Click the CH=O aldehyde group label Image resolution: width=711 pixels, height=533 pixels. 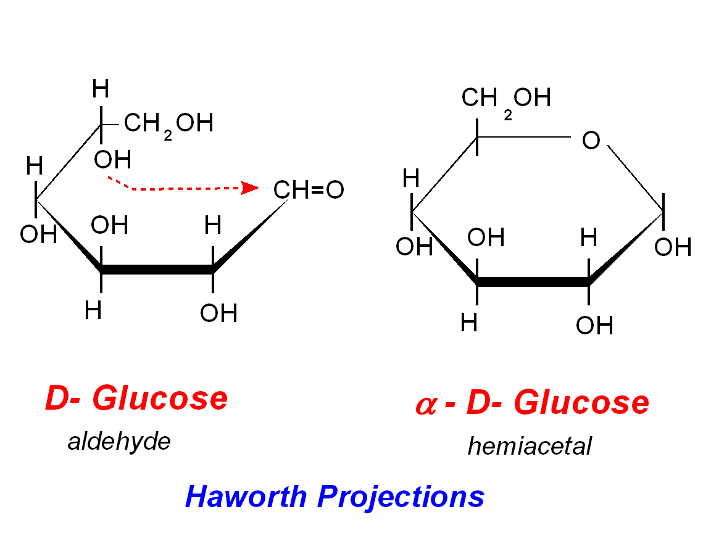(309, 190)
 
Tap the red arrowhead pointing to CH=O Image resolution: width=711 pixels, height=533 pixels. (250, 188)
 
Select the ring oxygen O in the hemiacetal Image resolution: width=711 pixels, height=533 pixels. (591, 141)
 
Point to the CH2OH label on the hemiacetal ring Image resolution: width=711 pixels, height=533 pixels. (506, 97)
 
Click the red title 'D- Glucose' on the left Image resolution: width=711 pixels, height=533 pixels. (136, 399)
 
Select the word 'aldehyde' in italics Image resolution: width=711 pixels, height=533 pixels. (119, 441)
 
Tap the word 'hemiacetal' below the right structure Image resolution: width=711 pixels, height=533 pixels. (530, 445)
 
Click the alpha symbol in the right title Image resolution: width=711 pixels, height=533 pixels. (426, 405)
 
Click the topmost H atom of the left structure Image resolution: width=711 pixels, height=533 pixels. (100, 90)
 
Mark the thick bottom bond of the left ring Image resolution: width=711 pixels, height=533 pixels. (157, 270)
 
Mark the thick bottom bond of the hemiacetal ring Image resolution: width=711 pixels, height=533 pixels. (533, 283)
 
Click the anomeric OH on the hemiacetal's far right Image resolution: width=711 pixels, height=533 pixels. (673, 247)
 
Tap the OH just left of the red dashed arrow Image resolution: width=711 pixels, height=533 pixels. (112, 160)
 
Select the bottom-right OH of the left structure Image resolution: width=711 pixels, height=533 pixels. (218, 313)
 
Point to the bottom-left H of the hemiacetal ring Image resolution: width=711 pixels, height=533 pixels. (469, 323)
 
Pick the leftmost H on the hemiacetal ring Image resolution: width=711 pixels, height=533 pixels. (411, 179)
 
